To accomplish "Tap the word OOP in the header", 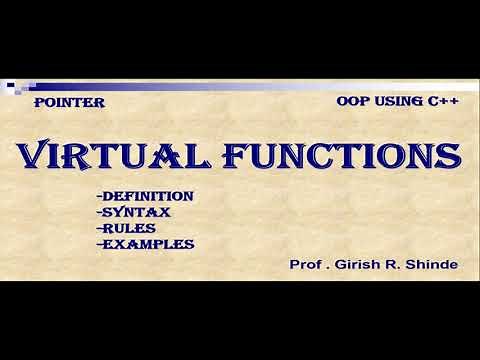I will [355, 102].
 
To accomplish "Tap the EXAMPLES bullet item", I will [143, 243].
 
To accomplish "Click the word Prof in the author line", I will [305, 265].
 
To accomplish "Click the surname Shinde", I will [433, 265].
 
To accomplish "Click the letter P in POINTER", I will [39, 102].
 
